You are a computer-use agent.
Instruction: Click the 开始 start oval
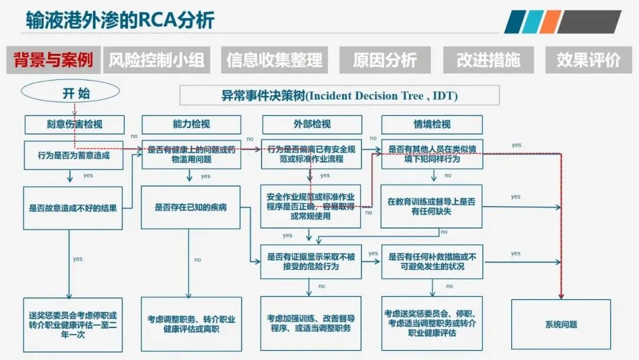(x=70, y=92)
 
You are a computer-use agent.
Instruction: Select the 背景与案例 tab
(x=53, y=60)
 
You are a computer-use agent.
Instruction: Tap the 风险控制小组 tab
(x=156, y=60)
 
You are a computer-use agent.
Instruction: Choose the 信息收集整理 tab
(x=275, y=60)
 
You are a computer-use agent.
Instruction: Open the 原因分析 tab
(x=385, y=60)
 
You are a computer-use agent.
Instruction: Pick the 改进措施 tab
(x=488, y=60)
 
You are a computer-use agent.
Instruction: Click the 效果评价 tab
(x=588, y=60)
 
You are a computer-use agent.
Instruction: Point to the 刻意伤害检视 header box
(x=75, y=124)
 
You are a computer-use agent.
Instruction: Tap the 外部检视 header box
(x=312, y=124)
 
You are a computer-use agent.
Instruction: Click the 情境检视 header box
(x=432, y=124)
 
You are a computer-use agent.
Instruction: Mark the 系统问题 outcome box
(x=560, y=324)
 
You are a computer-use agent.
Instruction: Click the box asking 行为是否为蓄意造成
(x=74, y=155)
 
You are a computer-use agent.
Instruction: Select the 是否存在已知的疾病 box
(x=191, y=208)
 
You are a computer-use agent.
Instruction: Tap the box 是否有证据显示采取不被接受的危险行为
(x=311, y=262)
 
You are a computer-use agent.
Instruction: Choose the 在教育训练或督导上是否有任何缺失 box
(x=431, y=206)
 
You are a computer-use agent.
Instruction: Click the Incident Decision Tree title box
(x=339, y=95)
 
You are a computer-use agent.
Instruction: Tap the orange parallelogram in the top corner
(x=550, y=22)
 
